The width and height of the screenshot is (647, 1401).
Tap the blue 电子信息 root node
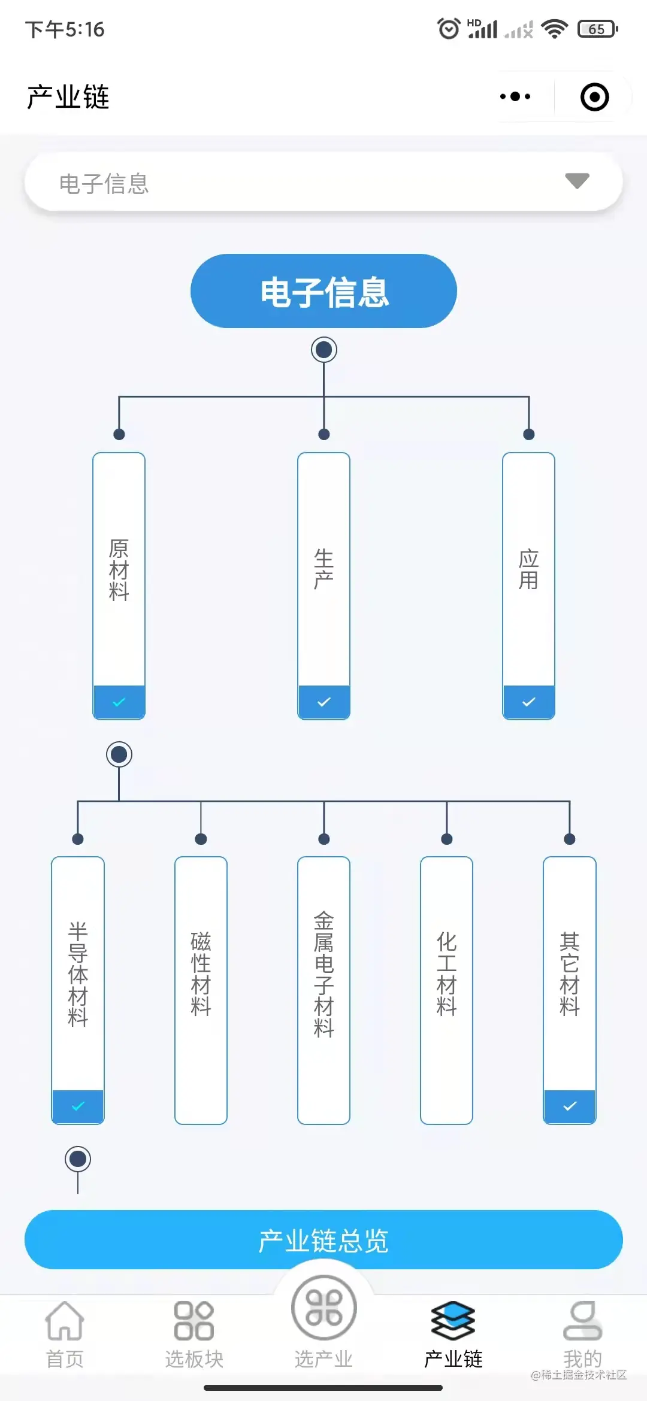tap(323, 291)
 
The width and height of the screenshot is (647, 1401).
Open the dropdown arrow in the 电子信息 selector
tap(577, 181)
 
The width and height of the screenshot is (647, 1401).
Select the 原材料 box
tap(119, 569)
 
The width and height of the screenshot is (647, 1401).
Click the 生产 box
tap(323, 569)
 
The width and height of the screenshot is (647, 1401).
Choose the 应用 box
tap(528, 569)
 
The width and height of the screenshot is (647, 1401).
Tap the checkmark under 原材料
tap(119, 702)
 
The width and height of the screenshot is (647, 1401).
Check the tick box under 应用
tap(528, 702)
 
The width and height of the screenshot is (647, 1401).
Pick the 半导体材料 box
tap(78, 973)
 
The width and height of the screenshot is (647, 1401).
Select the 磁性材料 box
tap(201, 973)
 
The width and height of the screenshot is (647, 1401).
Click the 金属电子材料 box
tap(323, 973)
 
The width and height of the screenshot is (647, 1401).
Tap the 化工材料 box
tap(446, 973)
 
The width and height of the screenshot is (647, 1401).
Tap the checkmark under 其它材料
tap(570, 1106)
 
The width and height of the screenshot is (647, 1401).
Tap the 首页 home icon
tap(65, 1321)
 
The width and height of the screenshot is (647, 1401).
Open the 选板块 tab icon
tap(194, 1321)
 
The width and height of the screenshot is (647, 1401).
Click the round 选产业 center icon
tap(323, 1308)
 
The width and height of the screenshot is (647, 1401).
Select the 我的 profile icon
tap(582, 1321)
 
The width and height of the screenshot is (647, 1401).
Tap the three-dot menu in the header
tap(515, 96)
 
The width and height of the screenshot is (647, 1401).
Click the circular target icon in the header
tap(594, 97)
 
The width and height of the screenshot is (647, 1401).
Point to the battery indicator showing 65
tap(597, 29)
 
